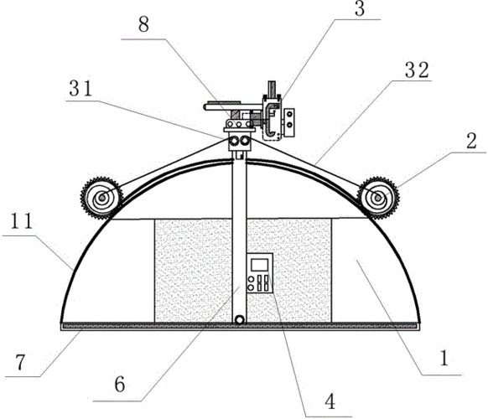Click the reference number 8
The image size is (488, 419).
(143, 24)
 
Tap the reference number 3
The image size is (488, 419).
(360, 8)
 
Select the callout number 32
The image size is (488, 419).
(418, 70)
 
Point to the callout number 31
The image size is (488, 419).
(80, 89)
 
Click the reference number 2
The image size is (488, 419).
(471, 141)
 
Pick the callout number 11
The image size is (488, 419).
(22, 221)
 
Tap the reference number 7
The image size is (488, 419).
(20, 362)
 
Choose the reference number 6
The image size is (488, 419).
(120, 384)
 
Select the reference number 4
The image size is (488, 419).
(330, 401)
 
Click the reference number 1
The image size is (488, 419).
(444, 358)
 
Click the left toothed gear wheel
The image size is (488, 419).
(101, 198)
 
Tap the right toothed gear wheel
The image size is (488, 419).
(378, 198)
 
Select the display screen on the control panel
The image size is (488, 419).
(260, 265)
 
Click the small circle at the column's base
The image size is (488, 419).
(239, 320)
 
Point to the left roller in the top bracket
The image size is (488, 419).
(233, 141)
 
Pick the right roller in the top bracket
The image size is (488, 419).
(245, 141)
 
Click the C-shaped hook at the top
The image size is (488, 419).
(272, 119)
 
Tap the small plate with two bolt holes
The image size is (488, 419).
(289, 123)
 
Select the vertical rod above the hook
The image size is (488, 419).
(273, 89)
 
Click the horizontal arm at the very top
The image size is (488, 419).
(232, 106)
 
